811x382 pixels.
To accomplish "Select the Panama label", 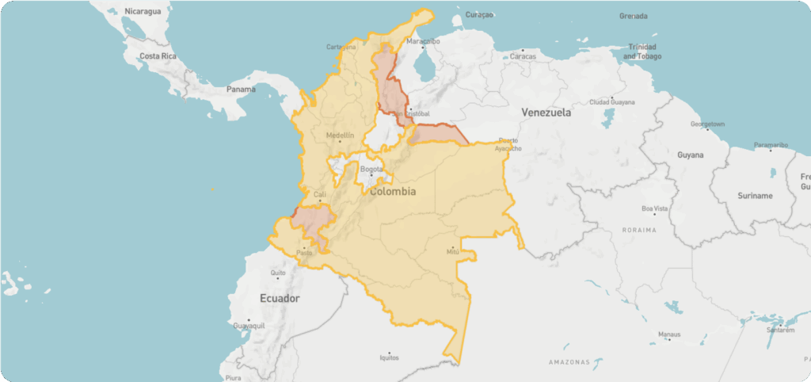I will (x=241, y=89).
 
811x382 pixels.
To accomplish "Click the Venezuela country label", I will (x=546, y=113).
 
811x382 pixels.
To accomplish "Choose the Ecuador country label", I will (x=280, y=298).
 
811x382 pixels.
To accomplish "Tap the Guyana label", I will (x=690, y=155).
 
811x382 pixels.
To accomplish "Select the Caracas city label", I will (x=524, y=56).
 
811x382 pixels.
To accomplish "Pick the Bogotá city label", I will (x=371, y=169).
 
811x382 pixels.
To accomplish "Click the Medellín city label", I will (x=340, y=136).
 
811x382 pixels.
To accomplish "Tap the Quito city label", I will (x=278, y=273).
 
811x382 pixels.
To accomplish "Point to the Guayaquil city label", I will (x=249, y=326).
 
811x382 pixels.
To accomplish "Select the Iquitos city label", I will (x=389, y=357).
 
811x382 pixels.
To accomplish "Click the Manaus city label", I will (x=669, y=334).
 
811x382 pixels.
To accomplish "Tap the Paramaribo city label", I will (x=771, y=145).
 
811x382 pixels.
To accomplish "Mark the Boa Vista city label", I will (x=654, y=208).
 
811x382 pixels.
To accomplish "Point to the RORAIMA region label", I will (x=640, y=230).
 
